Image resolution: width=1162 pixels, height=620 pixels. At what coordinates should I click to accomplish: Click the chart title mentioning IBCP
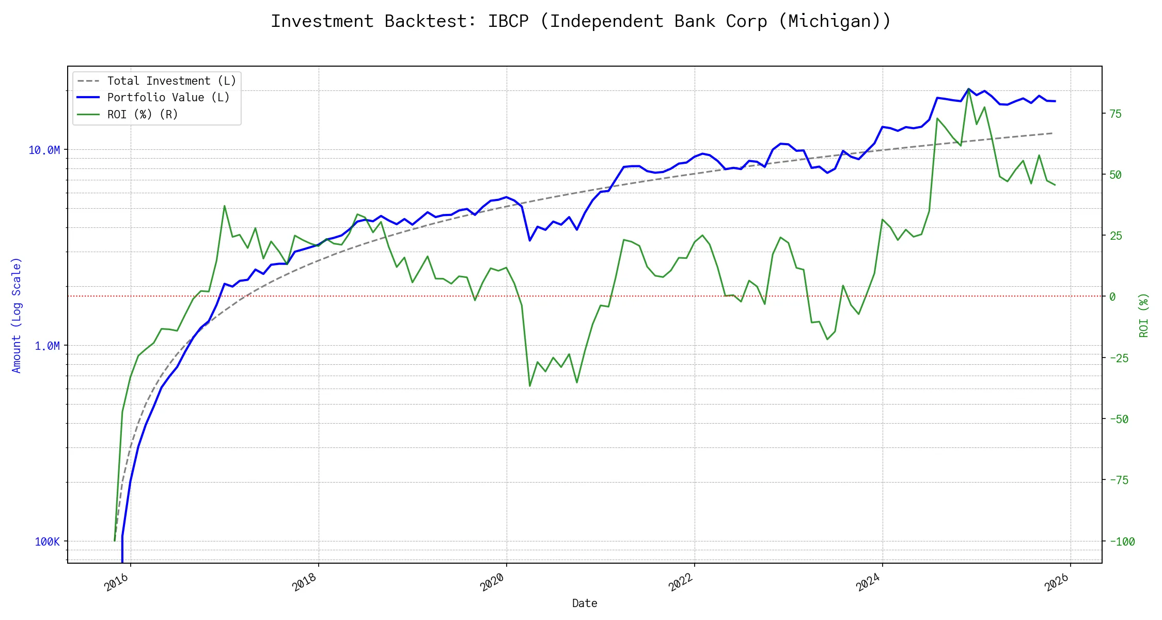(x=581, y=22)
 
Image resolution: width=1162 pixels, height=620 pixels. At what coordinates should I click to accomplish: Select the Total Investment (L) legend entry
(x=171, y=81)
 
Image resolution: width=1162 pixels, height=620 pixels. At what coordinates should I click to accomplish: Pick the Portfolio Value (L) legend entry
(x=168, y=98)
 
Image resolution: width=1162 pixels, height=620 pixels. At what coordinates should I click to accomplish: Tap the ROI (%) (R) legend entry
(x=143, y=115)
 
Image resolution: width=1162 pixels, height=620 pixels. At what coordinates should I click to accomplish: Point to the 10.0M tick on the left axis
(x=44, y=150)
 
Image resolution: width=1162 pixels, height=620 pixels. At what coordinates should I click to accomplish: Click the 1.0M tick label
(x=47, y=346)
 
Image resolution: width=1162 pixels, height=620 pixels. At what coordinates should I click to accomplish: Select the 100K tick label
(x=47, y=542)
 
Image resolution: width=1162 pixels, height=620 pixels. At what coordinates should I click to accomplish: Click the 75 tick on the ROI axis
(x=1116, y=114)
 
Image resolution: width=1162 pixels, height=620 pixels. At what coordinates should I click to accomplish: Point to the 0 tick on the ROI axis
(x=1112, y=297)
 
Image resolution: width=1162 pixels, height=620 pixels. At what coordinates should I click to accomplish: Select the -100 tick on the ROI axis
(x=1122, y=542)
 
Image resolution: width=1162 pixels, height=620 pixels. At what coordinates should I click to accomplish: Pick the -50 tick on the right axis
(x=1119, y=419)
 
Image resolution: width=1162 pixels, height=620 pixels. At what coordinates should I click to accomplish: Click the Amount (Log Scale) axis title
(x=17, y=315)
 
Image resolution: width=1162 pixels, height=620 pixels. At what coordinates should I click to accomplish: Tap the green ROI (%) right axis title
(x=1144, y=315)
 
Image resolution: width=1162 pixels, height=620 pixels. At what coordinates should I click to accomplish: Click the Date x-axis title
(x=585, y=603)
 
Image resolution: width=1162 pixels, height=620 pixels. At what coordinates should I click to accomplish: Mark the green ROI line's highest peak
(x=968, y=89)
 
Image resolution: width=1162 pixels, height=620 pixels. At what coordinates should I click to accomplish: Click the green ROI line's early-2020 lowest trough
(x=530, y=386)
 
